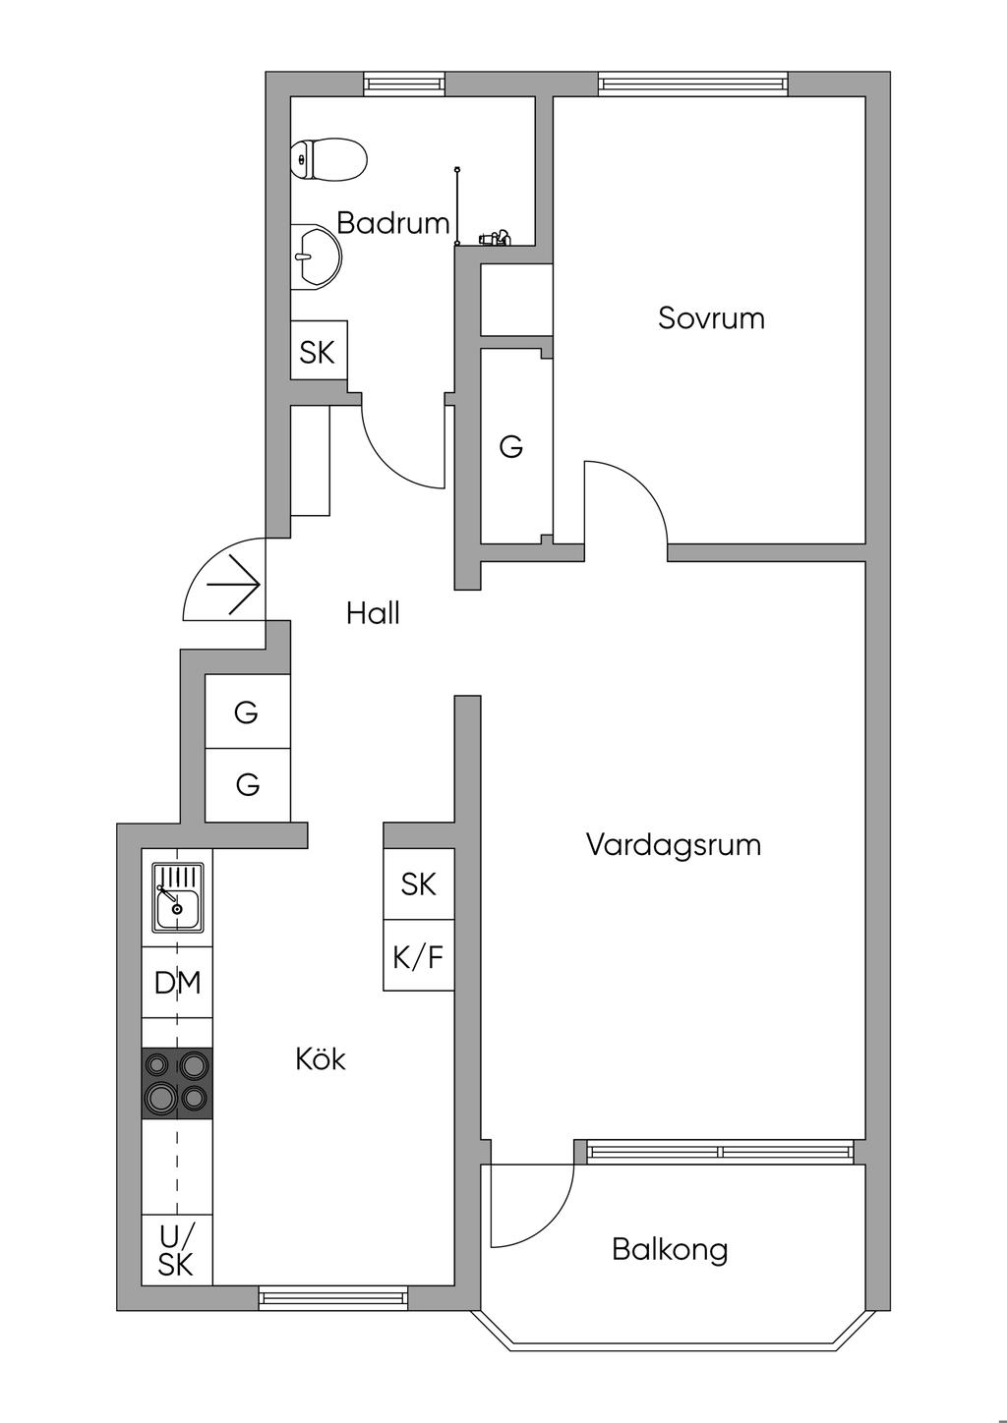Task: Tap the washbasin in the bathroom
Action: [x=315, y=257]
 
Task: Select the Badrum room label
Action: [x=392, y=223]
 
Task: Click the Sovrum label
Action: [x=711, y=318]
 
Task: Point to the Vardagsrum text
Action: [x=673, y=845]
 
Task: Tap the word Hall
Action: [x=373, y=613]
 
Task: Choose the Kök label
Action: [x=321, y=1059]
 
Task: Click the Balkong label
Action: [x=670, y=1250]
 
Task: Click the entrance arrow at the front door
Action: [x=232, y=585]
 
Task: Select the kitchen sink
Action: [x=177, y=897]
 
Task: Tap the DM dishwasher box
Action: [x=177, y=983]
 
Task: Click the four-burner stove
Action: [x=177, y=1083]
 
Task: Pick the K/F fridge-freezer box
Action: [x=419, y=956]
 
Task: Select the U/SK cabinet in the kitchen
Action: [x=177, y=1250]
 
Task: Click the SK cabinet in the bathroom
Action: [x=318, y=352]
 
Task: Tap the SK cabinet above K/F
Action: [x=419, y=884]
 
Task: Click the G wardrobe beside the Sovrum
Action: [x=510, y=447]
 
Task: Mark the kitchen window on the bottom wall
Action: [x=334, y=1298]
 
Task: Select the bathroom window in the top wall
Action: [x=405, y=84]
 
